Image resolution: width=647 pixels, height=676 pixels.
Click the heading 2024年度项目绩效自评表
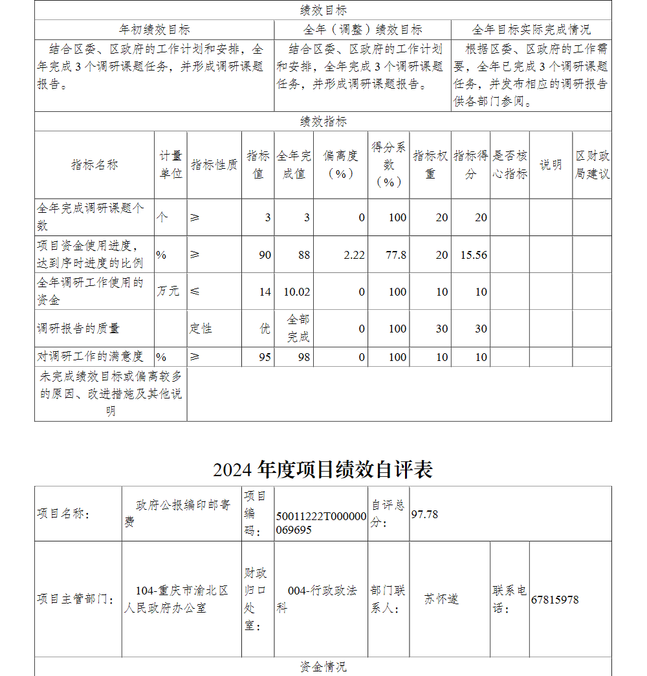click(x=323, y=470)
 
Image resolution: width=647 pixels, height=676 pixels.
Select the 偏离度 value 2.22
click(x=354, y=255)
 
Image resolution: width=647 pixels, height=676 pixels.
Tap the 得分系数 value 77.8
click(x=396, y=255)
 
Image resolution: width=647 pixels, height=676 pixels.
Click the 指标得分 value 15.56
click(x=474, y=255)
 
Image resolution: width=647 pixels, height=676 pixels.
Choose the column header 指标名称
click(x=94, y=165)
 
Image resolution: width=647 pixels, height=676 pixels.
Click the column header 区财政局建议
click(x=592, y=165)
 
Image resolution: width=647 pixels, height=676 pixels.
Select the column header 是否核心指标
click(x=510, y=165)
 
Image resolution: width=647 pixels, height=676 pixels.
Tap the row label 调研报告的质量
click(x=78, y=329)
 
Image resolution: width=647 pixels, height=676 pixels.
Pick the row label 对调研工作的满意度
click(x=90, y=356)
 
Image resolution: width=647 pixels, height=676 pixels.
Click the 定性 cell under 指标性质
click(x=201, y=329)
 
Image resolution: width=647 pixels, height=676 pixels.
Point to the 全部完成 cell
click(x=298, y=329)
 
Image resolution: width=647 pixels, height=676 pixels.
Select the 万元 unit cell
click(x=168, y=292)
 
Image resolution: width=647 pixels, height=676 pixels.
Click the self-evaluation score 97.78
click(x=424, y=514)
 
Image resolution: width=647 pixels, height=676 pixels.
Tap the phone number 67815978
click(x=554, y=600)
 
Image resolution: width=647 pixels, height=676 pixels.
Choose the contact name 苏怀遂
click(x=441, y=599)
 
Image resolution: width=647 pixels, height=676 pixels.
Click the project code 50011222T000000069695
click(x=321, y=523)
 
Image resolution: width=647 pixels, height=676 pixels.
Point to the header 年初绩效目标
click(x=154, y=30)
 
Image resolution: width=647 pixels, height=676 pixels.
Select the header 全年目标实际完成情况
click(x=531, y=30)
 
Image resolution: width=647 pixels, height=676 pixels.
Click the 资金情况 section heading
click(x=323, y=667)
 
